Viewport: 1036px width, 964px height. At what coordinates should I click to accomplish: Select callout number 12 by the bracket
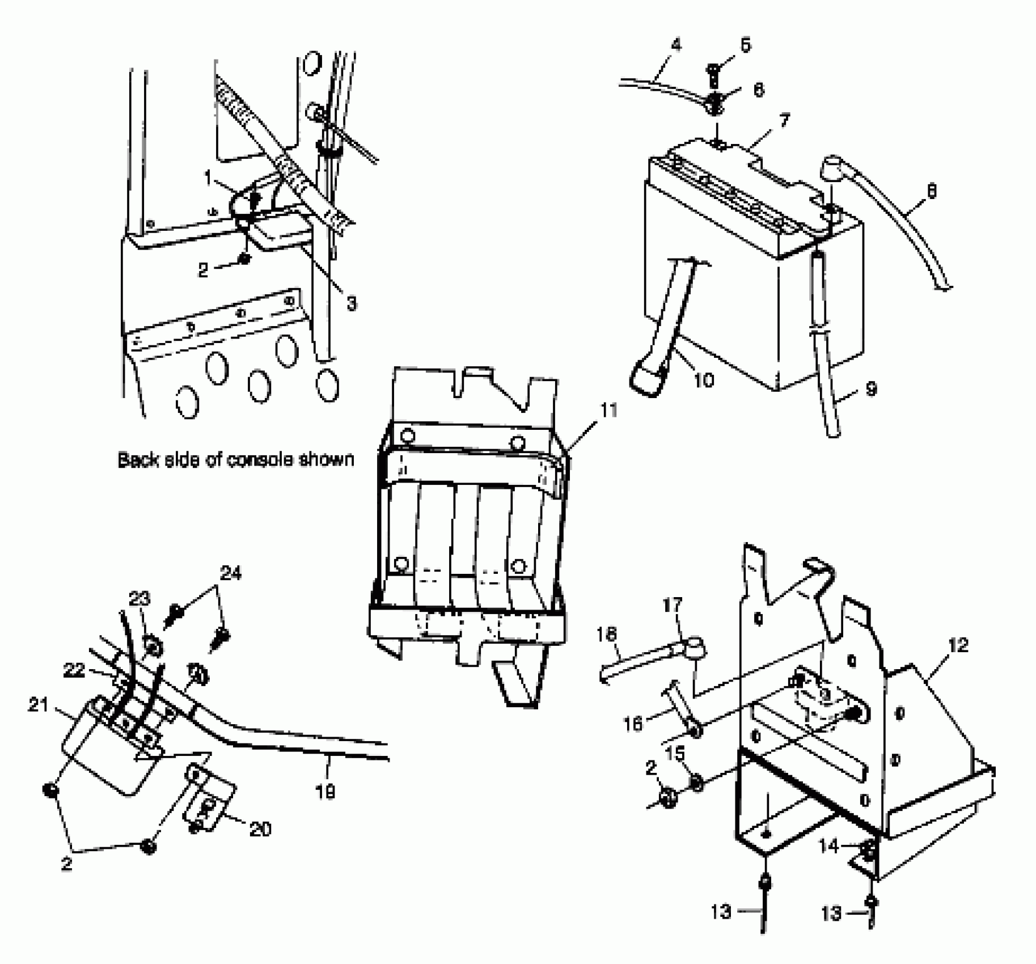tap(958, 645)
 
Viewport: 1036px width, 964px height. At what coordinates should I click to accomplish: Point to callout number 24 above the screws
tap(231, 573)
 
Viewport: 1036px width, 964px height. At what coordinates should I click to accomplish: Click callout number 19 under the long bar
tap(325, 791)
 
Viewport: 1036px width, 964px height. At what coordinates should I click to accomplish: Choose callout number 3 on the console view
tap(352, 304)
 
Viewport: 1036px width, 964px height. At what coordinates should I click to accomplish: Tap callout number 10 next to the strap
tap(703, 380)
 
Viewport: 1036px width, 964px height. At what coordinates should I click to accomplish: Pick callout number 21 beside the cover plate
tap(39, 706)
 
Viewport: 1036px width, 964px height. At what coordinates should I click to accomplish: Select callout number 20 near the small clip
tap(260, 829)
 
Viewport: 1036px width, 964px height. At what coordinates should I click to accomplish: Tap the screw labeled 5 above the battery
tap(713, 73)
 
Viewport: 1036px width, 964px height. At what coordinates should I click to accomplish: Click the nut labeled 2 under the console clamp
tap(245, 259)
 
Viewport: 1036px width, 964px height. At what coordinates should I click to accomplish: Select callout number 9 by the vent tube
tap(871, 389)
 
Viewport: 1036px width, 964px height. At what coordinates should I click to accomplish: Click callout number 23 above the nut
tap(140, 599)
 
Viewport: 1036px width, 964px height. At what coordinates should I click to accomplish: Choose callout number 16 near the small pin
tap(633, 724)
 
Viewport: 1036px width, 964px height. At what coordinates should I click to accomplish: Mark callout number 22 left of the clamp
tap(74, 671)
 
